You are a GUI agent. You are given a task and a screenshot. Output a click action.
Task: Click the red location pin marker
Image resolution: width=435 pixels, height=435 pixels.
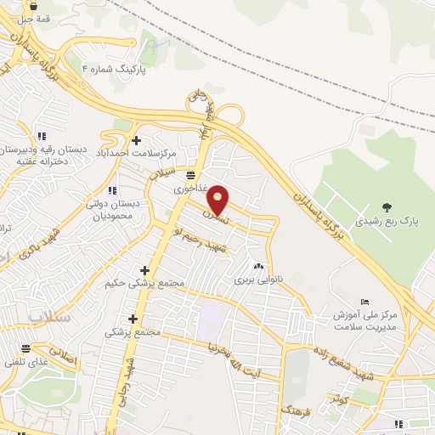218,199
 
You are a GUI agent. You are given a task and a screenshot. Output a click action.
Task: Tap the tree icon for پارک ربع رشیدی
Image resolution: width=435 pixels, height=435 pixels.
387,206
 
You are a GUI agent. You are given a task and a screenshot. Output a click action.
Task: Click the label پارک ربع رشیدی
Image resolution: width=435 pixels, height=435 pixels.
387,222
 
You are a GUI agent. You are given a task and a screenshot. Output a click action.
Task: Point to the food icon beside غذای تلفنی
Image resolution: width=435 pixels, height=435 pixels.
26,348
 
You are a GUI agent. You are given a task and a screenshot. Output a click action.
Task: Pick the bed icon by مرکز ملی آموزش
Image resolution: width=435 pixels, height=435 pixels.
365,302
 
